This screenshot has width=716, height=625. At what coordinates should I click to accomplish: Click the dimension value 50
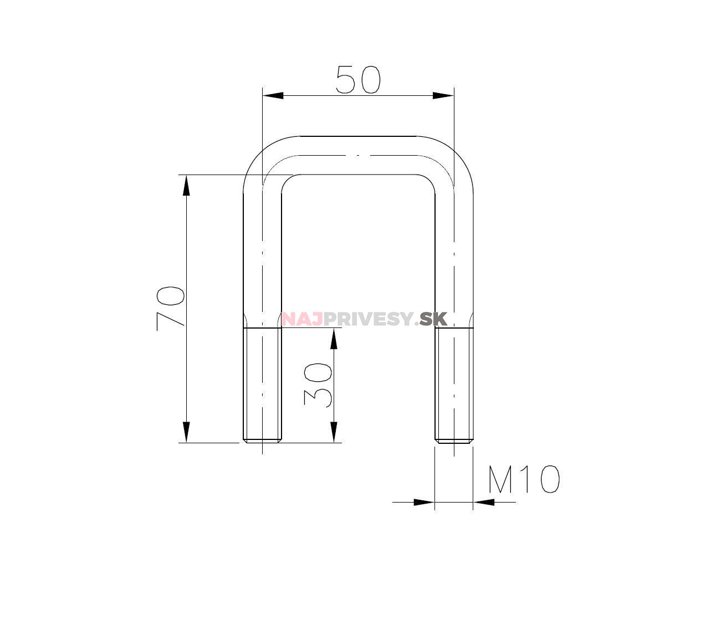tap(358, 79)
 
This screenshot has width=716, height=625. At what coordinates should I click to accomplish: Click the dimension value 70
tap(170, 309)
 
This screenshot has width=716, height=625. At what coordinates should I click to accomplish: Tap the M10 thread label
tap(523, 480)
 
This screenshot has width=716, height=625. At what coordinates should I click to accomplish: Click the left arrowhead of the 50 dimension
tap(273, 95)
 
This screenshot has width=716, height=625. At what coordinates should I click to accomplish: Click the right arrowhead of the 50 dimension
tap(443, 95)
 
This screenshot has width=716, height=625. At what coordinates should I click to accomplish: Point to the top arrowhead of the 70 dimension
tap(186, 185)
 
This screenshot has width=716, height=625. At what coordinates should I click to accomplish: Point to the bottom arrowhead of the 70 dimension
tap(186, 432)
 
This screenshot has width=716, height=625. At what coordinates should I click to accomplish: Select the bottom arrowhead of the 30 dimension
tap(334, 432)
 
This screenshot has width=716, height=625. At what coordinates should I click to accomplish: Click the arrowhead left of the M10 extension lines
tap(424, 502)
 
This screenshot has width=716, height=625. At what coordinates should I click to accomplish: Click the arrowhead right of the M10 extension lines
tap(484, 502)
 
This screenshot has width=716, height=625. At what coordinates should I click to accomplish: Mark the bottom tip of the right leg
tap(454, 441)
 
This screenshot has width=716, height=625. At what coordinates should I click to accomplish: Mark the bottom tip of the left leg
tap(262, 441)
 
